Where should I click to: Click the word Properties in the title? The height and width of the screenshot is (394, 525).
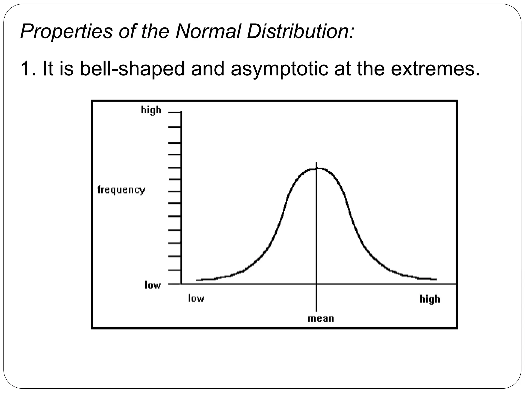pos(66,32)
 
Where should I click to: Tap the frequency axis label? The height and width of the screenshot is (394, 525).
pos(121,190)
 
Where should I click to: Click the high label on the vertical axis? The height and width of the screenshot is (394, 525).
pos(151,110)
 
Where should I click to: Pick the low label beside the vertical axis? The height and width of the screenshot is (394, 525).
pos(153,285)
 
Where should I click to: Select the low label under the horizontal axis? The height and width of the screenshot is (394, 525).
pos(196,298)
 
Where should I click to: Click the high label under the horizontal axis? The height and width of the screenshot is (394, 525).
pos(430,299)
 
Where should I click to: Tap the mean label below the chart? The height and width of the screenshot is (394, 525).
pos(321,319)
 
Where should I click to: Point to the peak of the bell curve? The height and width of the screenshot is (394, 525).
pos(317,168)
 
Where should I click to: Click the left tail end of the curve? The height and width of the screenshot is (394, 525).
pos(197,280)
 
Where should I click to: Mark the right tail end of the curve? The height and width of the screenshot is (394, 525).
pos(436,279)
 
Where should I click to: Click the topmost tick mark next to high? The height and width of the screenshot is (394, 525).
pos(175,112)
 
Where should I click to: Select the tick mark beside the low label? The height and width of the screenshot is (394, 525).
pos(174,284)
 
